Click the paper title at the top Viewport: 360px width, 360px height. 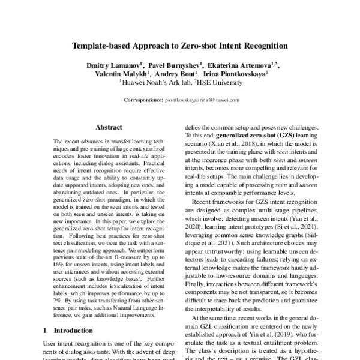180,45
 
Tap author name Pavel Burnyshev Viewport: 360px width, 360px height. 171,64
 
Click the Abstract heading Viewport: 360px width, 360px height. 109,128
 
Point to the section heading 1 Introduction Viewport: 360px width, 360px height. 65,330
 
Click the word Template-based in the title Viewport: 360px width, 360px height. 100,45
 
